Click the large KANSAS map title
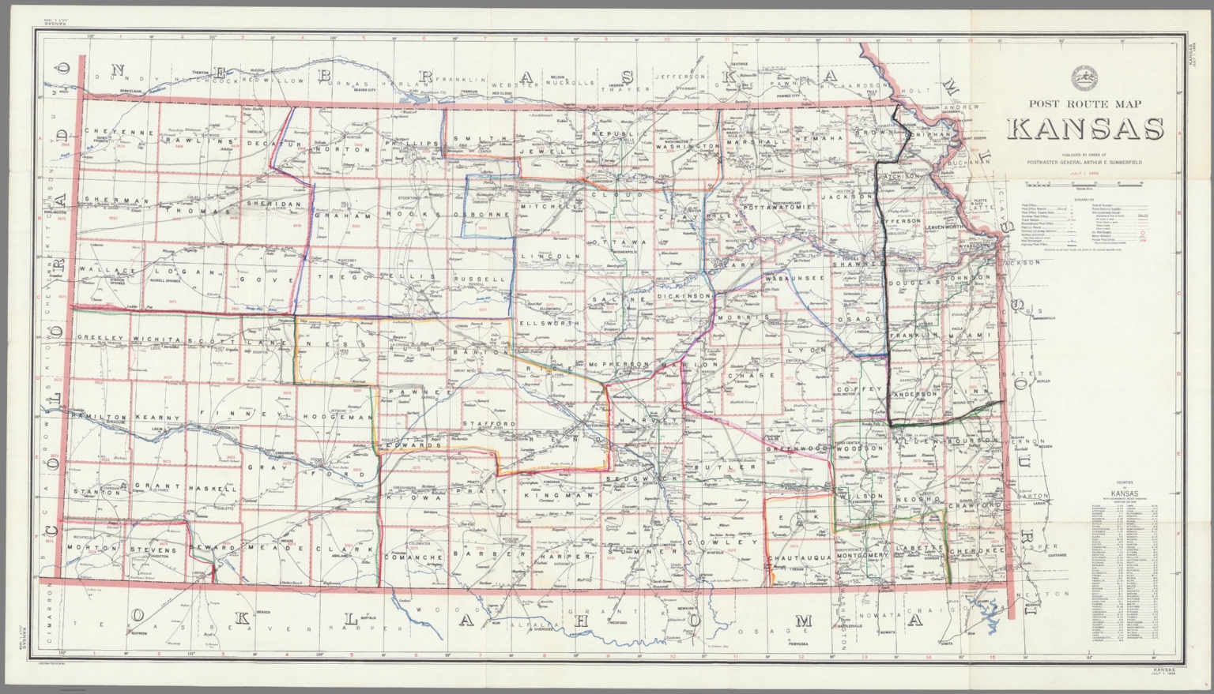[1084, 129]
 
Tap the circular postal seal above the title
[1084, 77]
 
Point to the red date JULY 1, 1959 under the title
[1084, 172]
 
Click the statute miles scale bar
[1084, 184]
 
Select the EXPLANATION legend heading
[1084, 201]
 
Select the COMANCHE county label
[414, 557]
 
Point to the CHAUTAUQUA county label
[800, 557]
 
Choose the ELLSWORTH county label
[550, 323]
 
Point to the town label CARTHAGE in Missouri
[1048, 555]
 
